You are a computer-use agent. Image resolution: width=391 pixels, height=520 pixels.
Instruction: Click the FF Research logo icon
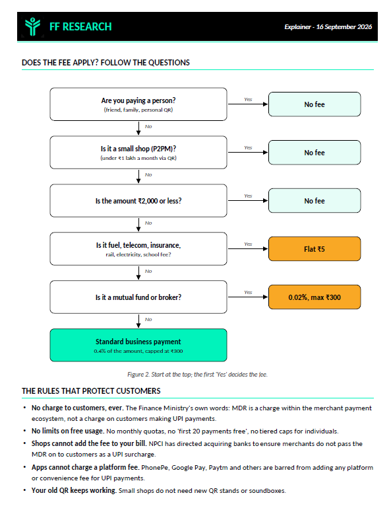pyautogui.click(x=32, y=26)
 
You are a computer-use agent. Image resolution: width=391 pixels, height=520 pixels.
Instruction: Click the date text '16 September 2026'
pyautogui.click(x=344, y=27)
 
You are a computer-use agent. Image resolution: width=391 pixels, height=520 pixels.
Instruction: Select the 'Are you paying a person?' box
pyautogui.click(x=138, y=104)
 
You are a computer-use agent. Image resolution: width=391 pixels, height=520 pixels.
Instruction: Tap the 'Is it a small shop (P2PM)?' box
pyautogui.click(x=138, y=152)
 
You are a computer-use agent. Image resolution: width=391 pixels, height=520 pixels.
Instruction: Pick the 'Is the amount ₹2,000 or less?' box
pyautogui.click(x=138, y=201)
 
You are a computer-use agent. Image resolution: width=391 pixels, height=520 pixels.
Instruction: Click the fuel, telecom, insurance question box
pyautogui.click(x=138, y=248)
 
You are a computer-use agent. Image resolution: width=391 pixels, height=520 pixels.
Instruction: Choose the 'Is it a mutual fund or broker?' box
pyautogui.click(x=138, y=297)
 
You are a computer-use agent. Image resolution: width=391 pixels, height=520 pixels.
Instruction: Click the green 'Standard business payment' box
pyautogui.click(x=138, y=345)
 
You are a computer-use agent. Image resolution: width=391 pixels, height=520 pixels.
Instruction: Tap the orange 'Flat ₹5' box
pyautogui.click(x=315, y=248)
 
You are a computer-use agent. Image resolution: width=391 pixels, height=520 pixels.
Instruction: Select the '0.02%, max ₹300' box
pyautogui.click(x=315, y=297)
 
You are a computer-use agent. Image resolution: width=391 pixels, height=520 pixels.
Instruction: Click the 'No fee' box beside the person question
pyautogui.click(x=315, y=104)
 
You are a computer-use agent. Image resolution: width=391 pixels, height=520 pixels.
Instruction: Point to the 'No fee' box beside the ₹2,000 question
pyautogui.click(x=315, y=201)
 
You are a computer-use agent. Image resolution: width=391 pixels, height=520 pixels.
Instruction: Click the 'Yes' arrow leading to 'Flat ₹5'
pyautogui.click(x=248, y=248)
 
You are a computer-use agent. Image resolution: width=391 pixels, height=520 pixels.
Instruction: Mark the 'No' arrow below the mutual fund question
pyautogui.click(x=138, y=321)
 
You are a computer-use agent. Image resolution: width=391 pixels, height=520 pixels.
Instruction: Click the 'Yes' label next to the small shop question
pyautogui.click(x=248, y=147)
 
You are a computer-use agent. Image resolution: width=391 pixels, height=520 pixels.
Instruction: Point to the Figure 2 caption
pyautogui.click(x=197, y=375)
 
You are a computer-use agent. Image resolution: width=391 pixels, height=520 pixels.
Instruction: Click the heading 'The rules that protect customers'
pyautogui.click(x=91, y=391)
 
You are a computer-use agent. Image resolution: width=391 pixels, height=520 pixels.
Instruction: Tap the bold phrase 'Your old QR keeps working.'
pyautogui.click(x=74, y=490)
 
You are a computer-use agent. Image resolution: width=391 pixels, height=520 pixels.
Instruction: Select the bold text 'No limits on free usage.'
pyautogui.click(x=68, y=431)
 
